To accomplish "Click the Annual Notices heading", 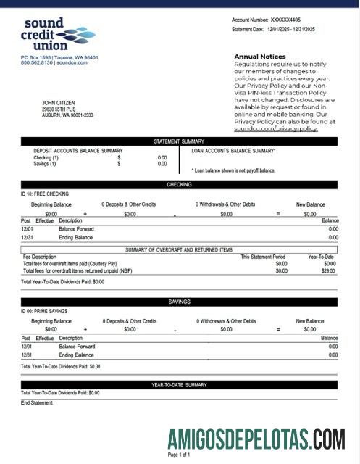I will coord(259,56).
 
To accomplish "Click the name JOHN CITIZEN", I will coord(59,103).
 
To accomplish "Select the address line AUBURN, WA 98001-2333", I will coord(67,115).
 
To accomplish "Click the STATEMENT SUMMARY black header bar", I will coord(179,141).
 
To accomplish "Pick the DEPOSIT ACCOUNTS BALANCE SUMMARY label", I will coord(78,151).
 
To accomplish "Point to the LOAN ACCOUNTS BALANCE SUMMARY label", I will coord(233,151).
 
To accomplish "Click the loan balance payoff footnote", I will coord(233,170).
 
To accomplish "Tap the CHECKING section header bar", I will coord(179,185).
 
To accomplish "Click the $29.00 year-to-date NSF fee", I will coord(329,270).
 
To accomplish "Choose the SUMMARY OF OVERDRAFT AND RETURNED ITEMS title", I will coord(179,249).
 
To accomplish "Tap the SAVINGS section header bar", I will coord(179,302).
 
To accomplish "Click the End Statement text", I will coord(37,402).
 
